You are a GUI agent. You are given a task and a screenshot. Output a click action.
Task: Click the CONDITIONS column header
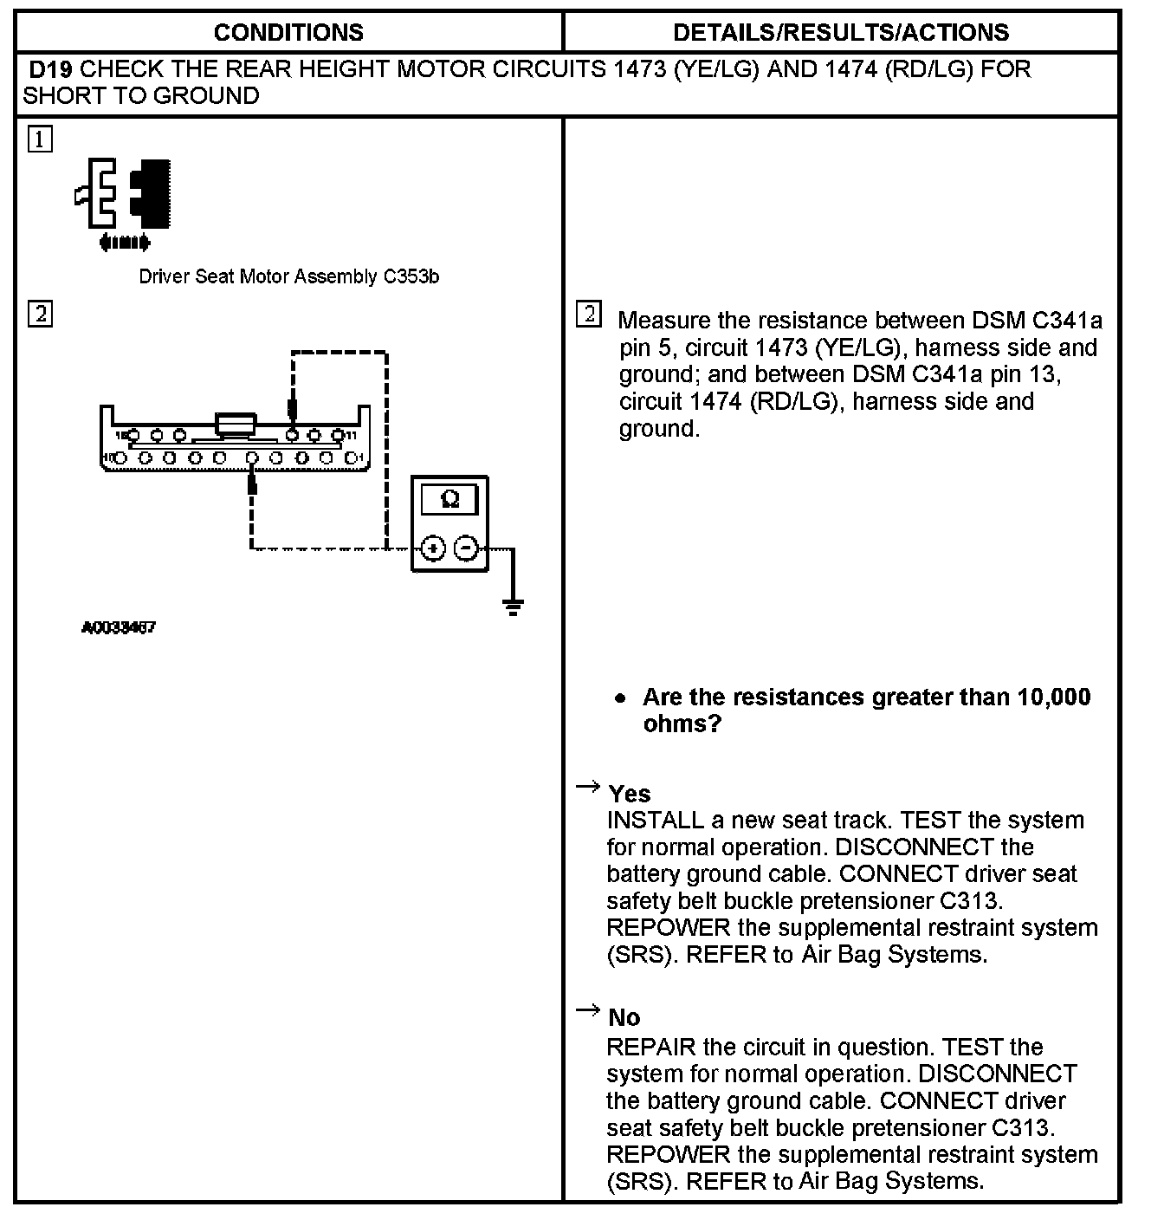pos(288,33)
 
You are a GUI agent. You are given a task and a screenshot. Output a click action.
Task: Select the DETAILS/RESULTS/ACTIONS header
pos(841,33)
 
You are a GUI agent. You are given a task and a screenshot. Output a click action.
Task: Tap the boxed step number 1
pos(40,139)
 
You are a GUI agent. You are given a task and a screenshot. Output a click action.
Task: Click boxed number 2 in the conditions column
pos(40,313)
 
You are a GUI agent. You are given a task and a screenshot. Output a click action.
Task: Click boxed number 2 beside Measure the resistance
pos(588,314)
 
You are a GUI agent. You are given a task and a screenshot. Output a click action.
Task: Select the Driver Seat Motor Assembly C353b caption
pos(288,277)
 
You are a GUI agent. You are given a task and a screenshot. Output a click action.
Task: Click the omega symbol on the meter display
pos(449,499)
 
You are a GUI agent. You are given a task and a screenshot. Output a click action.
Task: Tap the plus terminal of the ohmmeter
pos(433,548)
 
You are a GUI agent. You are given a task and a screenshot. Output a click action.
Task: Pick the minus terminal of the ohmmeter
pos(466,548)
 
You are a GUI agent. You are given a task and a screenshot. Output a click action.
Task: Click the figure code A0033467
pos(119,627)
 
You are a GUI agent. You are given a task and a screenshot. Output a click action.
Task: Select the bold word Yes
pos(630,794)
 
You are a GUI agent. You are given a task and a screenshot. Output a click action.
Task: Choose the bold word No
pos(624,1017)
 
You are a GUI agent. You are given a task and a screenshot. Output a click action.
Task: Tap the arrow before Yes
pos(588,787)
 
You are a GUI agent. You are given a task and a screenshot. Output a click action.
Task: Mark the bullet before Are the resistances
pos(619,698)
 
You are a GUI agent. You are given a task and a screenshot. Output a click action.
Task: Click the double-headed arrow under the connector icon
pos(126,243)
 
